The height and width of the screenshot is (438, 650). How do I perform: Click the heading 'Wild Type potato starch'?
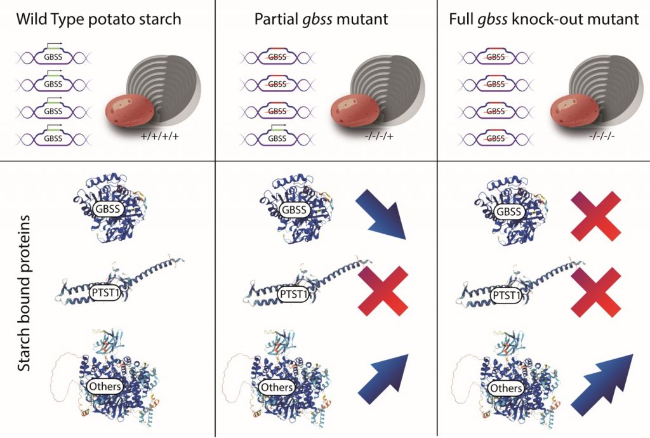tap(99, 20)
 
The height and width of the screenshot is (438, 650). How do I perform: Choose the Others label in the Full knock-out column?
tap(507, 387)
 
